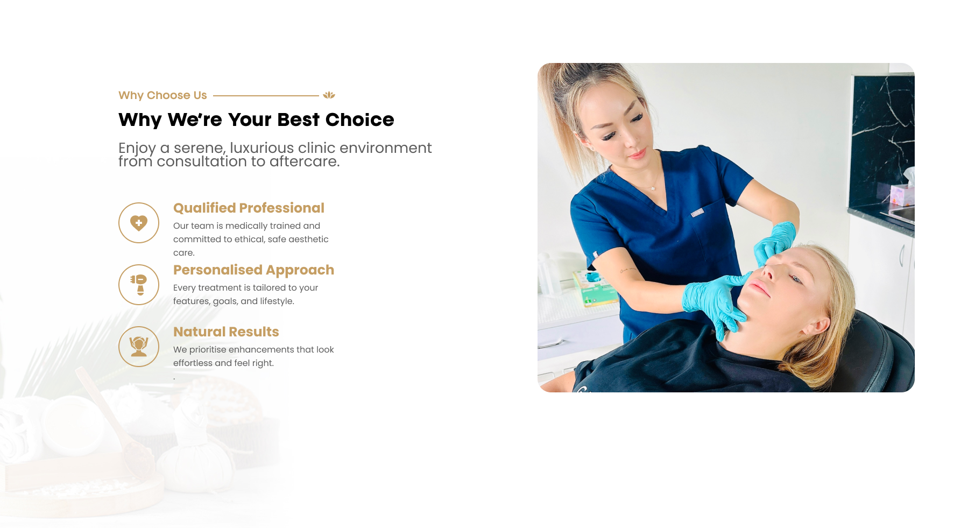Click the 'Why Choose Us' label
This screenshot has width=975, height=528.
(162, 95)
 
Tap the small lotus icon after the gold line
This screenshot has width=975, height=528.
(329, 95)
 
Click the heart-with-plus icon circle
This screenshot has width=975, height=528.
(139, 223)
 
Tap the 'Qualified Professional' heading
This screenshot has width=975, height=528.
(249, 208)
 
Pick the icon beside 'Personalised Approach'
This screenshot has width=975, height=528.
(139, 285)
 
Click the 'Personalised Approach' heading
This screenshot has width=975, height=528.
(253, 270)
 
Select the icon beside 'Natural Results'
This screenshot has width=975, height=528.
(139, 347)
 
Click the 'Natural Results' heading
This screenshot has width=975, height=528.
(226, 332)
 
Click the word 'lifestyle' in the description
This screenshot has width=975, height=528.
(277, 301)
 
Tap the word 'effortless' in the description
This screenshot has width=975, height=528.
(193, 363)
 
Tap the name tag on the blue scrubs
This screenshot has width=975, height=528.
(697, 213)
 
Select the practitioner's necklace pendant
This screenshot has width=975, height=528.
(653, 188)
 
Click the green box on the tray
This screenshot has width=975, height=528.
(595, 291)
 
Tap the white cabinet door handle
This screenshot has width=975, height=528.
(902, 256)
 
